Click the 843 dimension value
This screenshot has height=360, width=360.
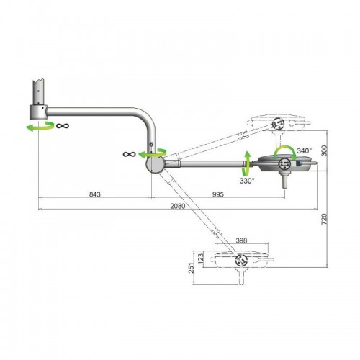point(94,194)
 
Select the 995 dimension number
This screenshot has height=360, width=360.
point(218,194)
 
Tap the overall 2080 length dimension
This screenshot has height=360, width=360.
point(178,206)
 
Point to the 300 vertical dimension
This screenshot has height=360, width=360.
point(324,150)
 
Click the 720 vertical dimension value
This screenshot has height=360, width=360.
point(324,219)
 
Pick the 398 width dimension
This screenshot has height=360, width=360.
point(241,240)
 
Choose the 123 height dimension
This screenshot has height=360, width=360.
point(201,258)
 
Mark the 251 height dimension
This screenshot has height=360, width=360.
point(191,268)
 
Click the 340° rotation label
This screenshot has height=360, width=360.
point(305,150)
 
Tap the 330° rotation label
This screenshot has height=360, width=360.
point(247,181)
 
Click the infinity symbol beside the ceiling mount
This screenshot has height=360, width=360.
point(63,125)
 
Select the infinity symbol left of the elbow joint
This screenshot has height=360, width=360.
point(130,154)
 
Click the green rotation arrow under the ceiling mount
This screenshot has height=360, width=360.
point(40,127)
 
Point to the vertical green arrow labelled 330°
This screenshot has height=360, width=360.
point(247,164)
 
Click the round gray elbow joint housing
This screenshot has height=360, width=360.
point(155,164)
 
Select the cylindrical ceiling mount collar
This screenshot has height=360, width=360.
point(38,112)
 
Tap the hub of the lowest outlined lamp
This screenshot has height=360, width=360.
point(241,260)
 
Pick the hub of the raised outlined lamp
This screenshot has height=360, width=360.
point(278,124)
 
